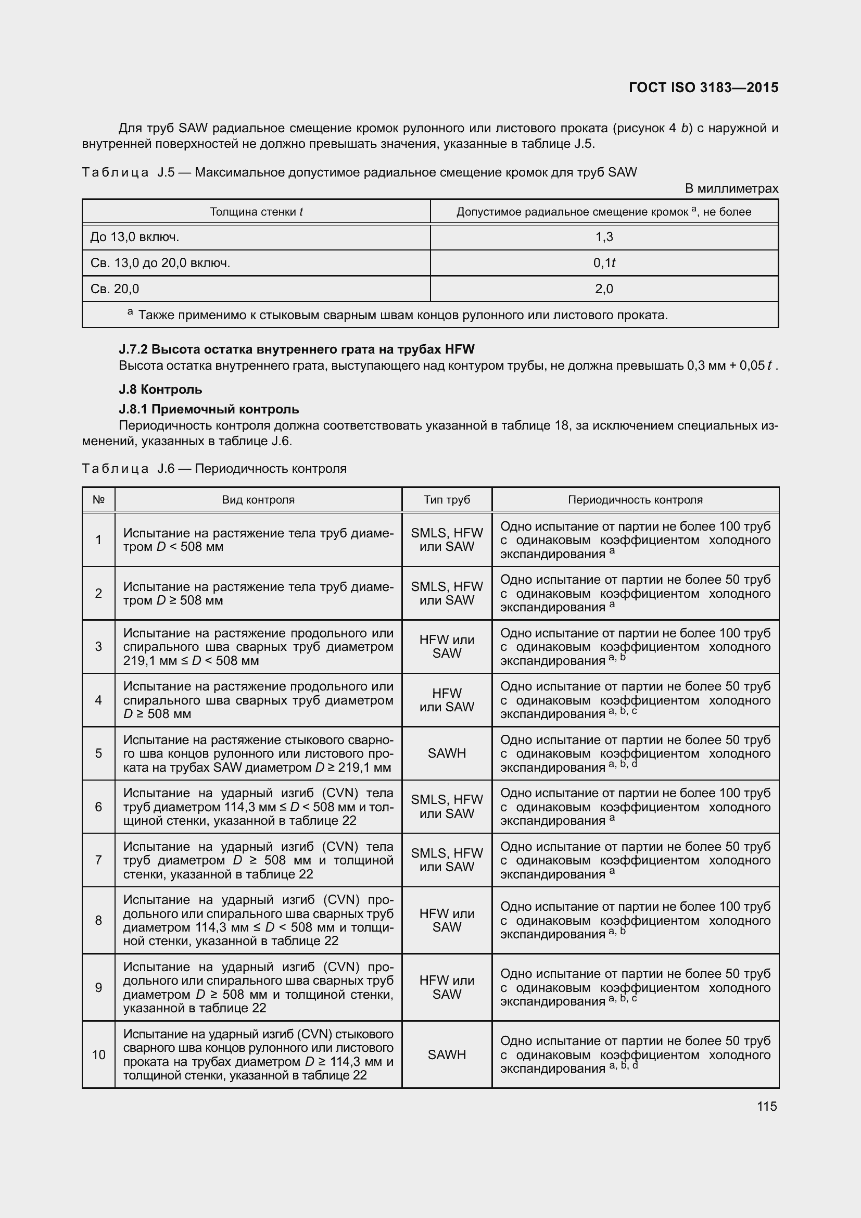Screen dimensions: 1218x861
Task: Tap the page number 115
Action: [x=767, y=1106]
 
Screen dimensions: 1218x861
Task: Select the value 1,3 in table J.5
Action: [x=604, y=237]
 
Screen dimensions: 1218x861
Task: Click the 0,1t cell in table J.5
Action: [x=604, y=263]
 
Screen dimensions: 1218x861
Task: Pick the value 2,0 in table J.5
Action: [x=604, y=289]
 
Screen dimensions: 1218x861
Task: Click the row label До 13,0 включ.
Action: [x=135, y=237]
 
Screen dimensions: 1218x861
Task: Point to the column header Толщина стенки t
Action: [x=256, y=212]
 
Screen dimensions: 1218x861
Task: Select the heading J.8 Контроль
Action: [x=160, y=390]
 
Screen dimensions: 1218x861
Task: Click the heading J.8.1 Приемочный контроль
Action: [x=209, y=409]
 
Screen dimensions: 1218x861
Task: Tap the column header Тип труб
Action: [x=447, y=500]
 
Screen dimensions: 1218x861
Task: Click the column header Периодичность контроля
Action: [x=635, y=500]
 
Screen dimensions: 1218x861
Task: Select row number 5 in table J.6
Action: [x=98, y=754]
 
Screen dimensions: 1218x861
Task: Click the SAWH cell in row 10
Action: [x=447, y=1054]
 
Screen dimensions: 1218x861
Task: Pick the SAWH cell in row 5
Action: [x=447, y=754]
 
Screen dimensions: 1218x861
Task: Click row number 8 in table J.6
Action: [x=98, y=920]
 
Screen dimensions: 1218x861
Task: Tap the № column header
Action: [x=98, y=500]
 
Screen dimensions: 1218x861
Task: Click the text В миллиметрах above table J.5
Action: [x=731, y=189]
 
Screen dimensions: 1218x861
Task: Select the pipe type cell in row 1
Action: [x=447, y=539]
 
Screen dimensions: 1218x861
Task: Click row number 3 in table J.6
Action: [x=98, y=647]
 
